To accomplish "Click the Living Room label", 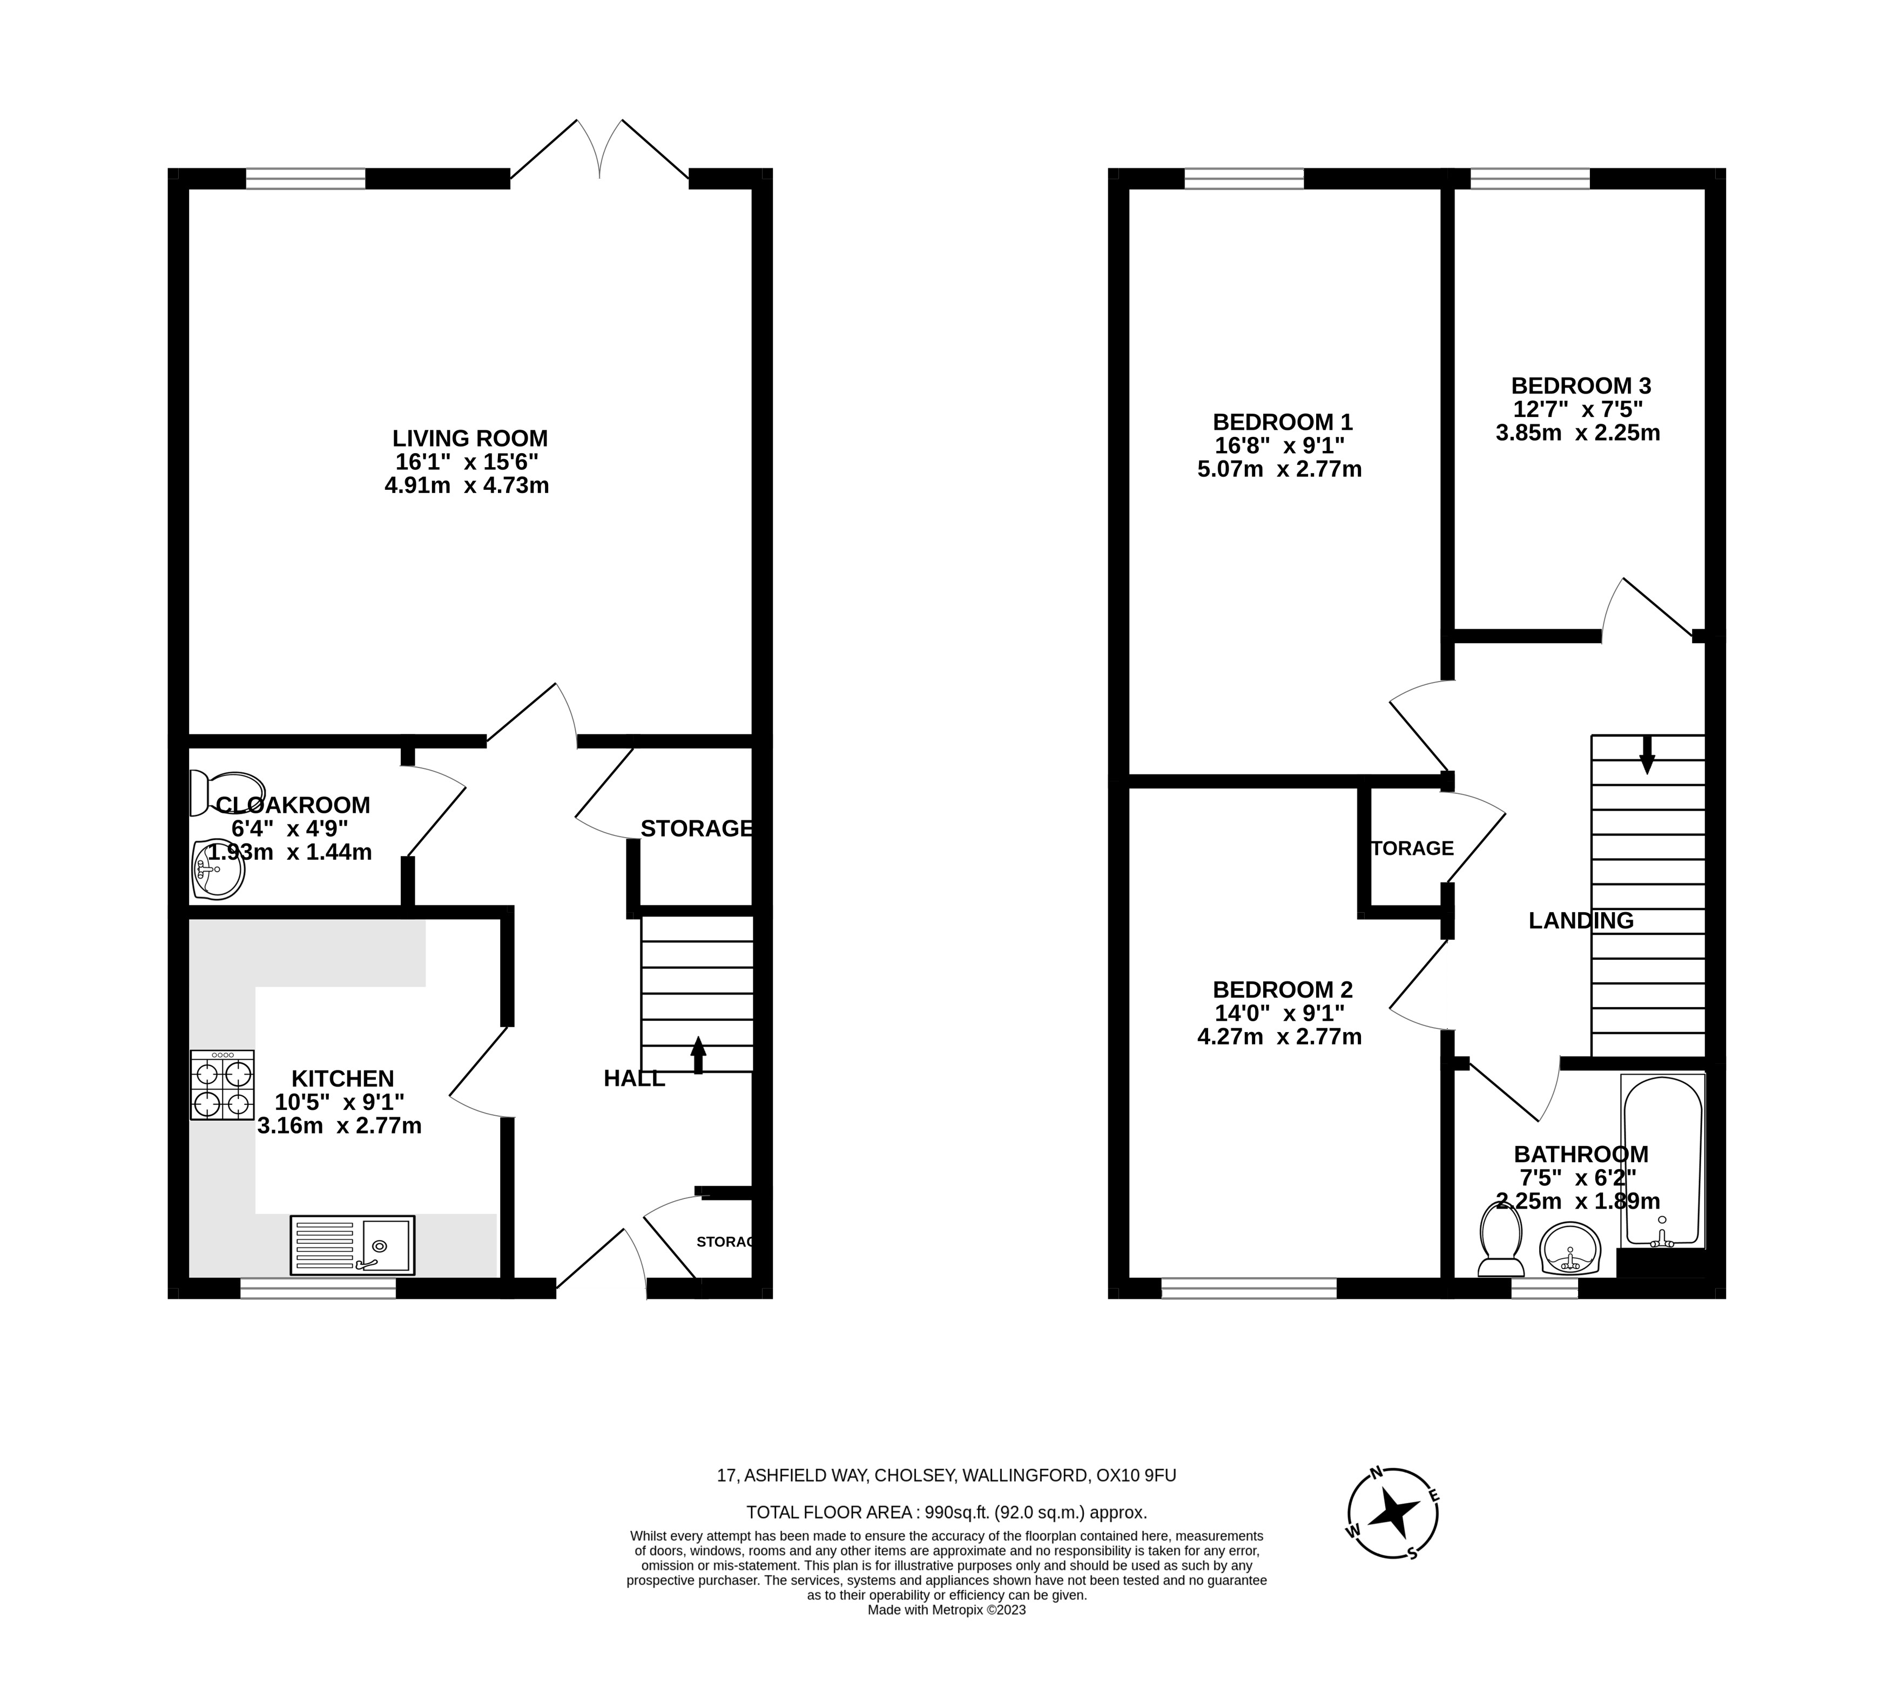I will (469, 438).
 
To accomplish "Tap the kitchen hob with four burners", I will (222, 1085).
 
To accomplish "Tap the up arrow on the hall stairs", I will (697, 1055).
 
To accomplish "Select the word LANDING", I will (1580, 920).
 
